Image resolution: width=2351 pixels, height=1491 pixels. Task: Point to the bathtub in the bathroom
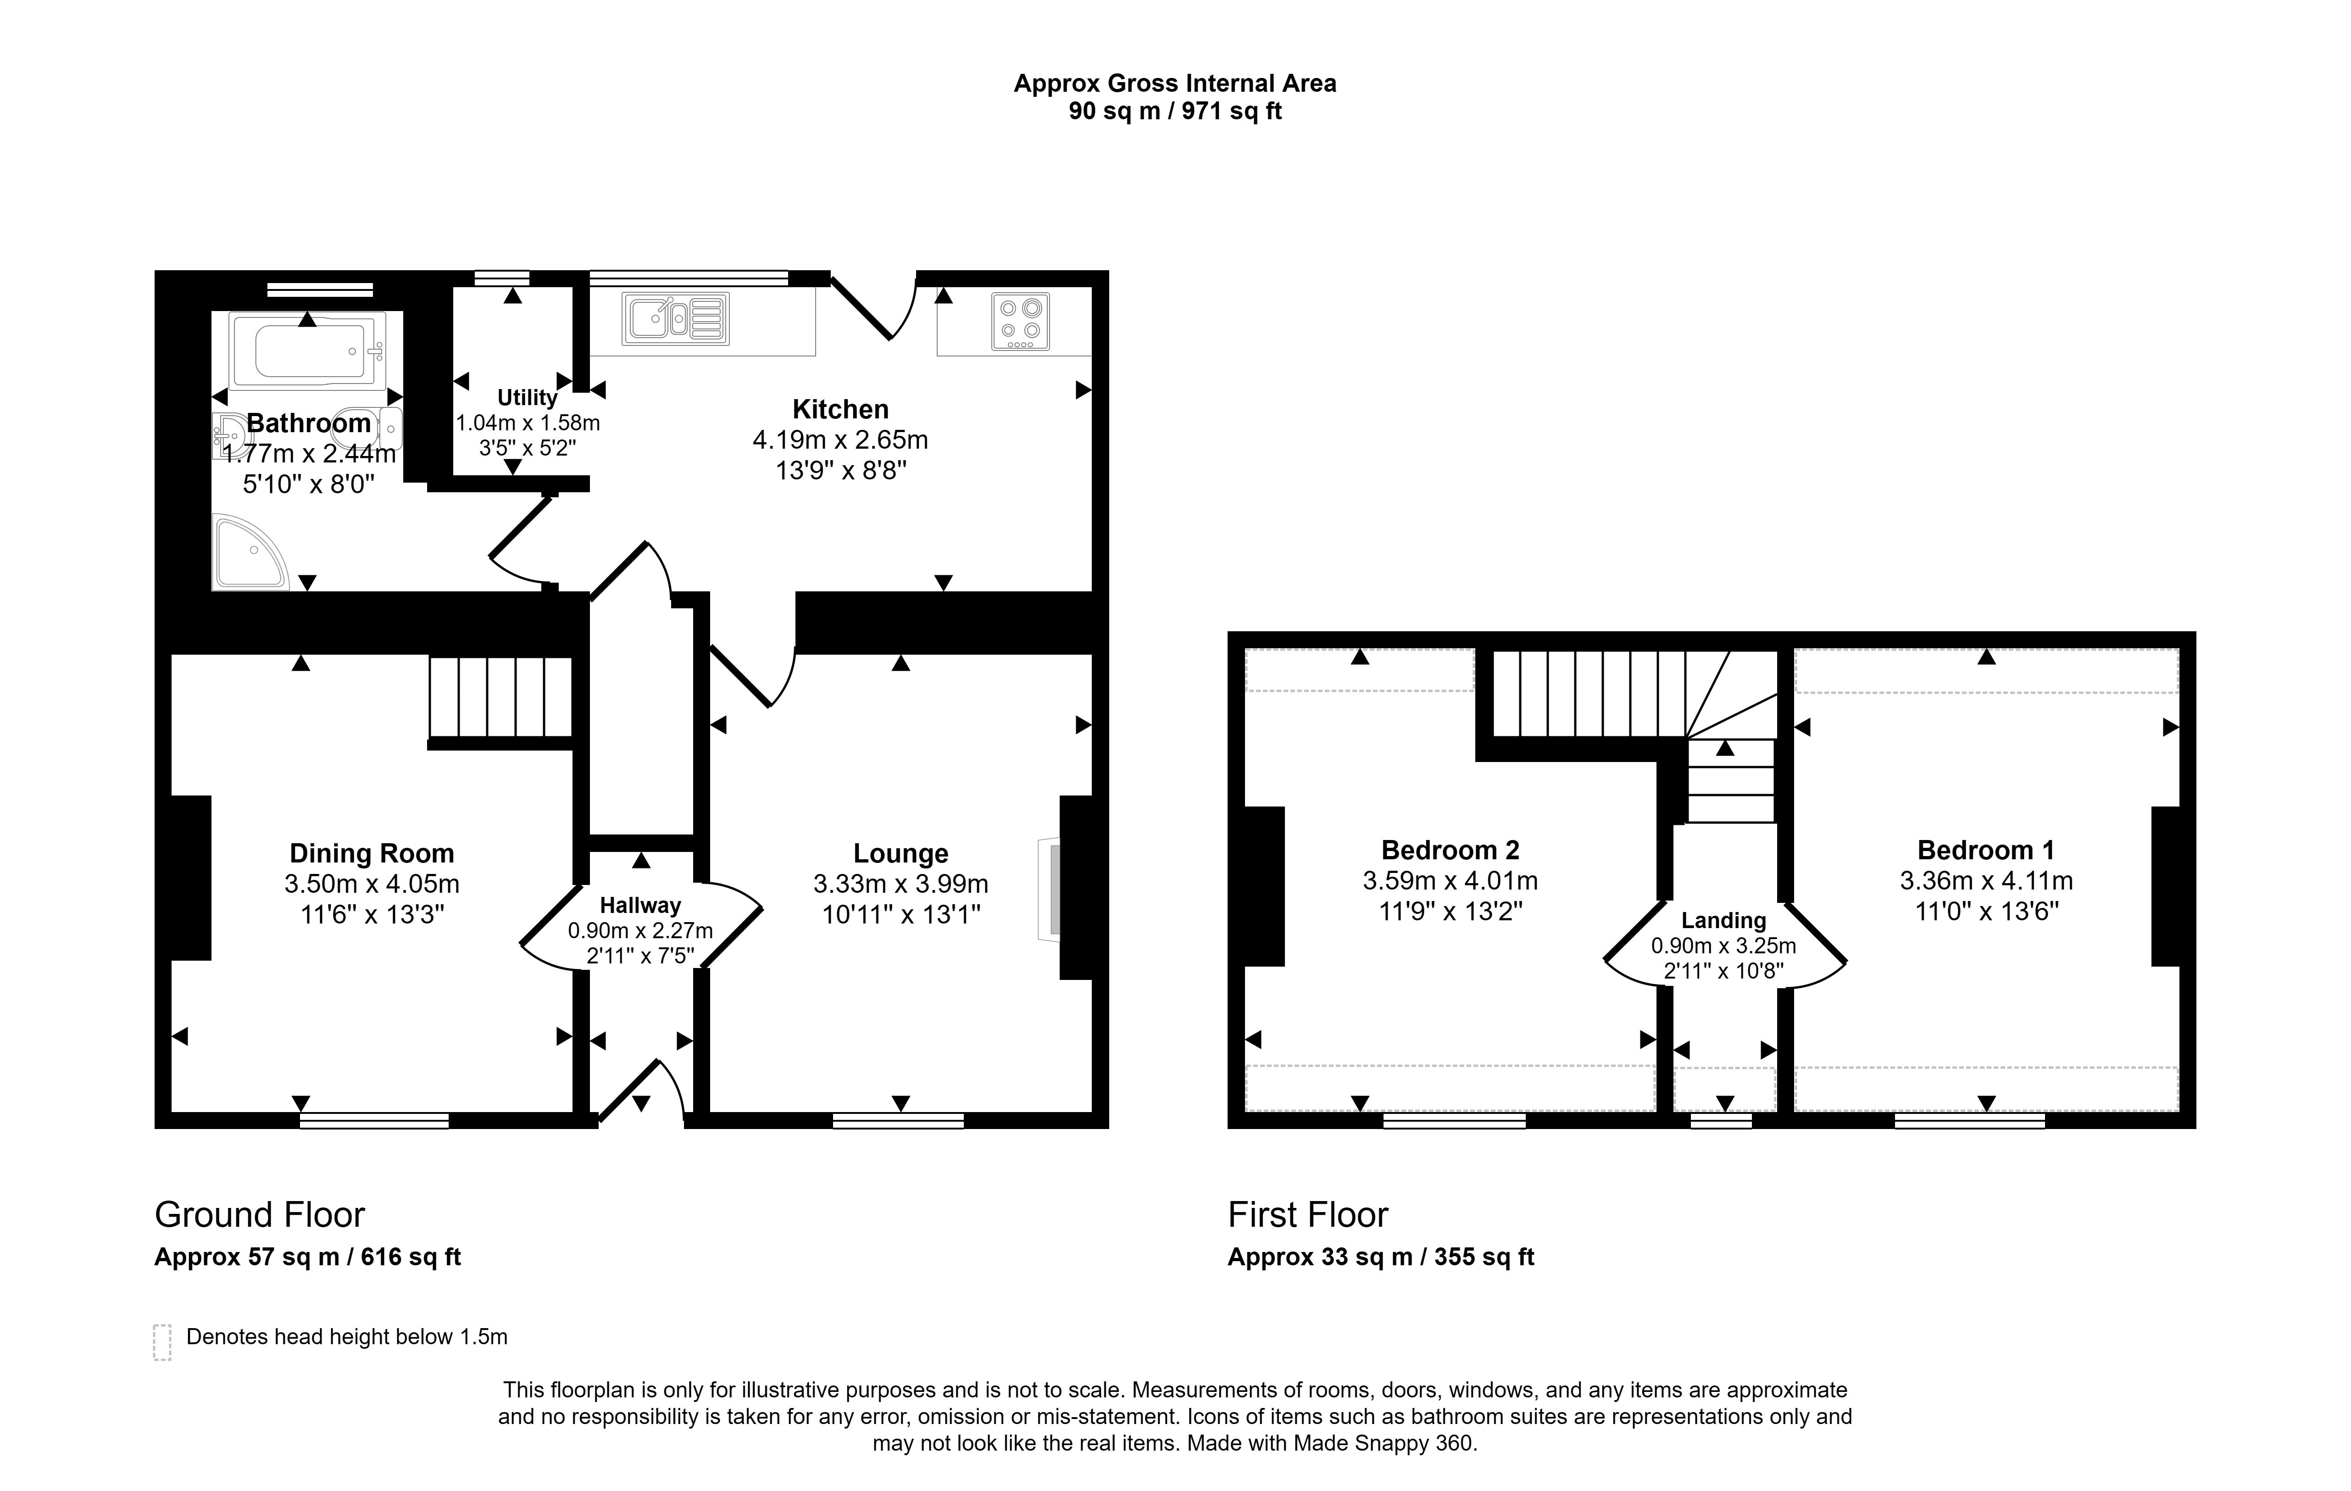point(306,350)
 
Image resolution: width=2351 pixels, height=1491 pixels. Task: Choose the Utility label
point(527,397)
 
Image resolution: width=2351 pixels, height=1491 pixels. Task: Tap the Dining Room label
point(372,853)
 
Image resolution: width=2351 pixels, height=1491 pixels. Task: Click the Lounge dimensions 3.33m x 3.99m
point(900,884)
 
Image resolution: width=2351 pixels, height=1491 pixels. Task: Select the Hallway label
point(640,905)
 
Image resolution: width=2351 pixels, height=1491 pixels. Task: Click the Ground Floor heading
point(260,1215)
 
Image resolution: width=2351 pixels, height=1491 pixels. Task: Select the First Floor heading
point(1307,1215)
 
